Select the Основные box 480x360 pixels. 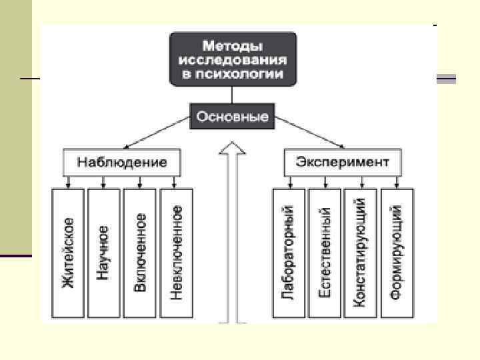click(x=233, y=117)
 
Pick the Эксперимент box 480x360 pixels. click(x=343, y=162)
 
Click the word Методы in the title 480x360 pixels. click(x=233, y=46)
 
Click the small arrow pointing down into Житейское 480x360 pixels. click(x=68, y=182)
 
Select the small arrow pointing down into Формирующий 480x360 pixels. click(x=397, y=182)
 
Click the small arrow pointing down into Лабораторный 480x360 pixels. click(x=289, y=182)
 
